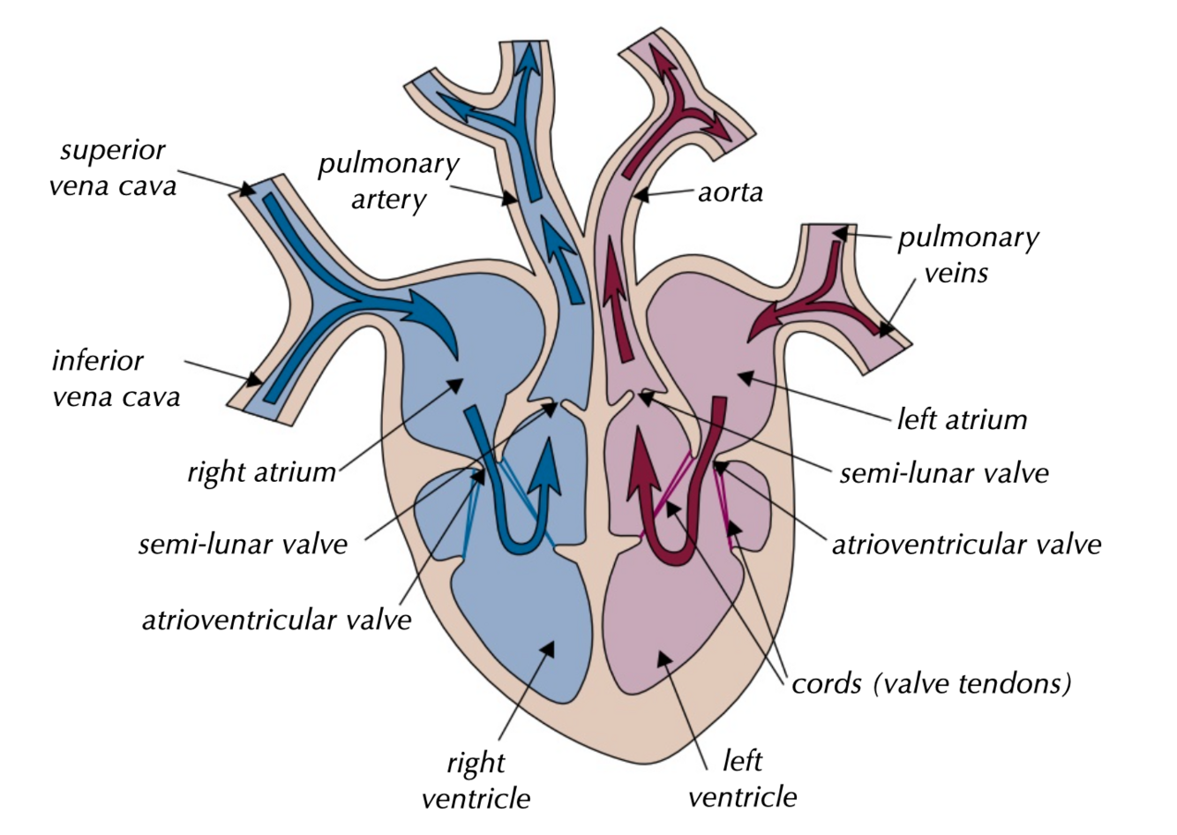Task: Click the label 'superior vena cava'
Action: pos(113,168)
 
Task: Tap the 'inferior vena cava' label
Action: pos(116,378)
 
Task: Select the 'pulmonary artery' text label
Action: pos(388,182)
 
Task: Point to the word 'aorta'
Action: pos(730,192)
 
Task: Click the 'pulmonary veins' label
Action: pos(968,254)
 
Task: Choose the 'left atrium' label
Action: pos(962,418)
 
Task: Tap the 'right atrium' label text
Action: pos(261,472)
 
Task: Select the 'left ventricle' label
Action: pos(742,779)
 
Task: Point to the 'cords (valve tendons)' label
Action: pos(931,683)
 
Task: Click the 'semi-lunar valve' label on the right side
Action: pos(944,473)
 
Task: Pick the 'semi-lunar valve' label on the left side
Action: pos(243,544)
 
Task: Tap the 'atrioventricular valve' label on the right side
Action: pos(966,544)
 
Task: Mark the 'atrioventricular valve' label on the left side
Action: pos(276,620)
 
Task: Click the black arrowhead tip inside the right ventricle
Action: pos(550,647)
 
